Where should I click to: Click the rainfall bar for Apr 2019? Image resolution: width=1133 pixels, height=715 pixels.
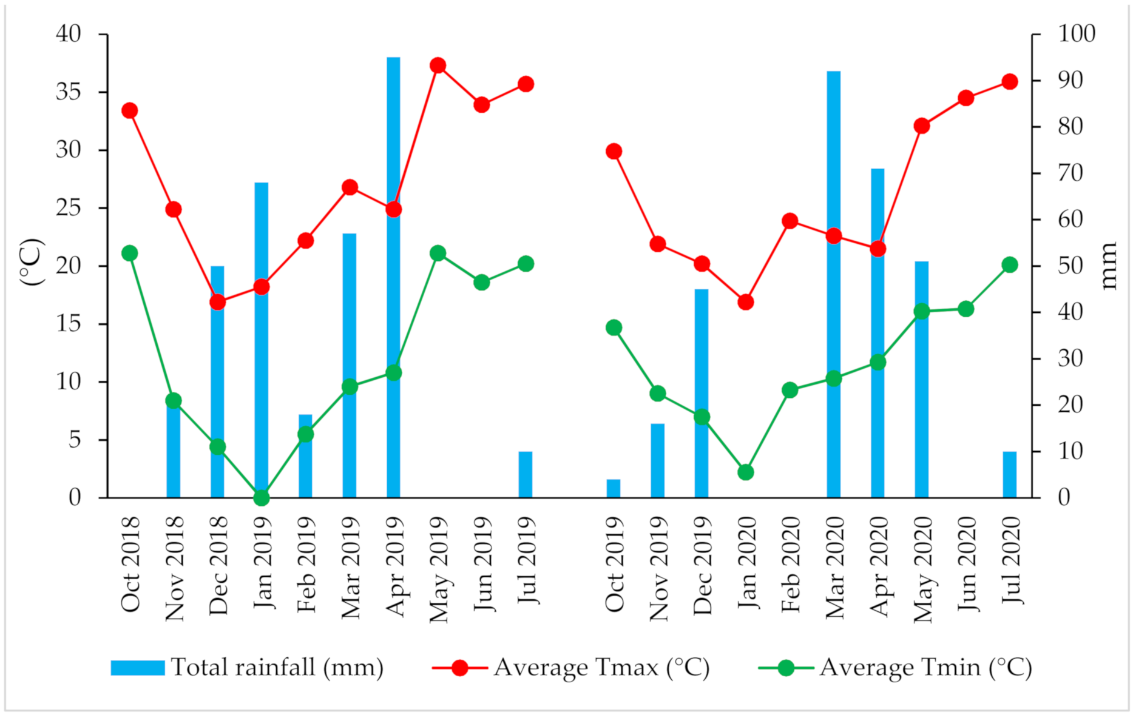(x=393, y=303)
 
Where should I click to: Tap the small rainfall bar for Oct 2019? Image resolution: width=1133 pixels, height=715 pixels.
(x=614, y=489)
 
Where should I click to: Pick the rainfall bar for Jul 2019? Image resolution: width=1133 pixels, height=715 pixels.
(x=526, y=475)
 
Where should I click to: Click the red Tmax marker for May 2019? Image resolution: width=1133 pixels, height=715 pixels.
(x=438, y=65)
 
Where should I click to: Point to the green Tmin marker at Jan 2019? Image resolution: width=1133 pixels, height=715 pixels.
(x=262, y=497)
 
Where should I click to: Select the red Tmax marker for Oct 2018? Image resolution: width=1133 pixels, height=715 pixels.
(x=129, y=110)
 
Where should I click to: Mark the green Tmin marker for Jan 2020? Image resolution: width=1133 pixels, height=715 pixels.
(x=746, y=472)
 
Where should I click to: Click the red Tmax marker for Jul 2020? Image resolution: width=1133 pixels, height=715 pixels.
(x=1010, y=82)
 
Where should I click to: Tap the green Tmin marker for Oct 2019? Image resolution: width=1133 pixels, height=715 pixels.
(x=614, y=327)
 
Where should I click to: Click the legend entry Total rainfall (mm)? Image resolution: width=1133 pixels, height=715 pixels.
(x=247, y=668)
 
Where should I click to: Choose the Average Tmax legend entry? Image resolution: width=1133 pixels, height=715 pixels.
(x=571, y=668)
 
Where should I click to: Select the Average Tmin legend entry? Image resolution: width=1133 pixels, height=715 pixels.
(x=895, y=668)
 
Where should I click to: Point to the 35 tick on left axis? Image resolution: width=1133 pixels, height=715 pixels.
(x=69, y=92)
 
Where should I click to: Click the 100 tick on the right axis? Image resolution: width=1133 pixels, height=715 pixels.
(x=1077, y=34)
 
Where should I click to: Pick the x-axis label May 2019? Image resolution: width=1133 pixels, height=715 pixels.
(x=438, y=569)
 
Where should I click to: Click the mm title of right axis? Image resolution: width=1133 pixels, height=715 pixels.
(x=1108, y=266)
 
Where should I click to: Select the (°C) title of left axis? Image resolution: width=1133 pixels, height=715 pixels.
(x=32, y=262)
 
